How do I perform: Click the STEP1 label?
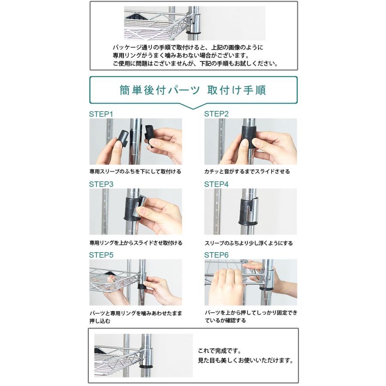pos(101,114)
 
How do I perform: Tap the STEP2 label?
pos(216,114)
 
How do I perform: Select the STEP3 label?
pos(101,184)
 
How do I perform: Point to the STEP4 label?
pos(216,184)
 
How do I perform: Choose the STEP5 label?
pos(101,255)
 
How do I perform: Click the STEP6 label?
pos(216,255)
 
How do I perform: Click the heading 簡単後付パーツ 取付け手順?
pos(193,90)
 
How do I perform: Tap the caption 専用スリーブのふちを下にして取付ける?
pos(135,172)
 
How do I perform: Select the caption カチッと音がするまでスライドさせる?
pos(247,172)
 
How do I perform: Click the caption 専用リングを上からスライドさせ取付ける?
pos(136,243)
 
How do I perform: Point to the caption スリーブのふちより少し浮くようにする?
pos(249,243)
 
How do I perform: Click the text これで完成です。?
pos(220,350)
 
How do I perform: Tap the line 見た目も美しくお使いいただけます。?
pos(246,360)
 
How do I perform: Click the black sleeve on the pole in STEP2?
pos(249,136)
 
